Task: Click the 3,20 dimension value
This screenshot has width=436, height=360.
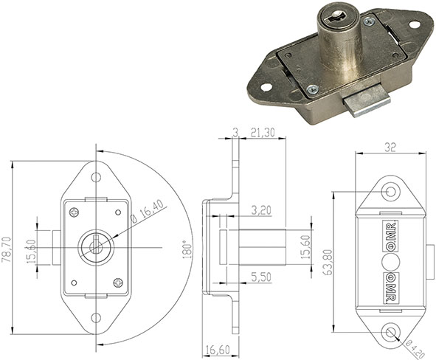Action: (260, 210)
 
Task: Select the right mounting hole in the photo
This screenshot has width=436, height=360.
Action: (415, 25)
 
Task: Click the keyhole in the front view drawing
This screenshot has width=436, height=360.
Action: (94, 246)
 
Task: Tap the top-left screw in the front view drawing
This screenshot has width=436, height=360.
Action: (74, 212)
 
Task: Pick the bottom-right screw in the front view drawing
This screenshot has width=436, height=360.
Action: (116, 280)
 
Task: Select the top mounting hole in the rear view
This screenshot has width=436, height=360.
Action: (391, 193)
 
